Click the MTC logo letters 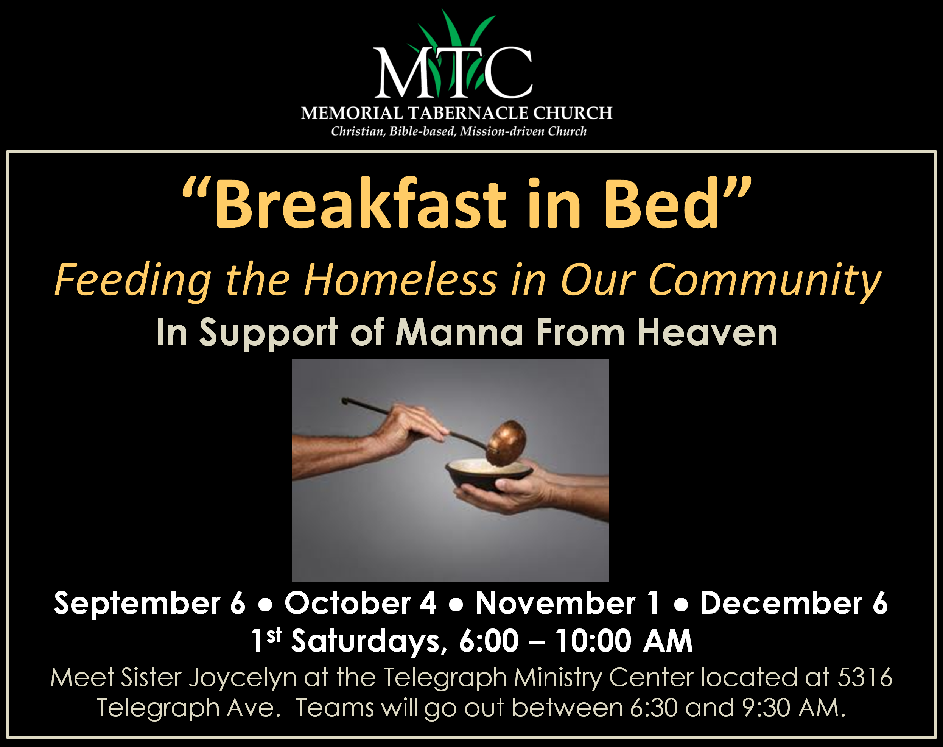point(453,72)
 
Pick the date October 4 point(361,603)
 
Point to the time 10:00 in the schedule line point(593,641)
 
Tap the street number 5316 point(865,677)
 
